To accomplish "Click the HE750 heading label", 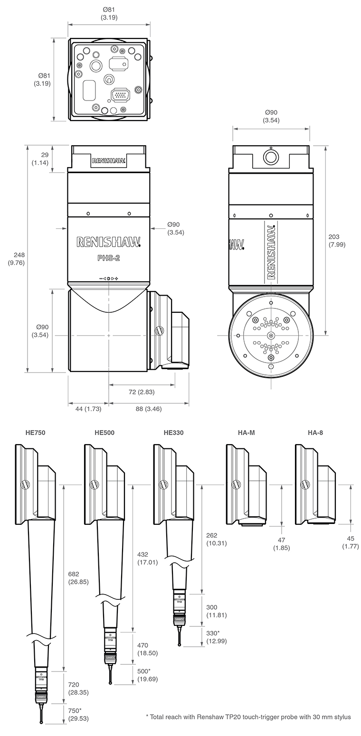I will [x=36, y=432].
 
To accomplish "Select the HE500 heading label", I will [x=104, y=432].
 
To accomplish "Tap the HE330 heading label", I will [x=173, y=432].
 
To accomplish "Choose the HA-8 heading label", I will [x=315, y=432].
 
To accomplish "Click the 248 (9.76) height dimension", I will [x=16, y=259].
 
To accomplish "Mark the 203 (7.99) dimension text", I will [x=337, y=241].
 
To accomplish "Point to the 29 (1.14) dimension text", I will [x=40, y=159].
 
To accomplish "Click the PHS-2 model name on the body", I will [x=109, y=259].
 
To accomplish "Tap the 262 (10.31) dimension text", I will [x=216, y=539].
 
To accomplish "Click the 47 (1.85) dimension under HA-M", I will [x=281, y=544].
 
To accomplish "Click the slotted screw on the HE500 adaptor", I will [x=94, y=484].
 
